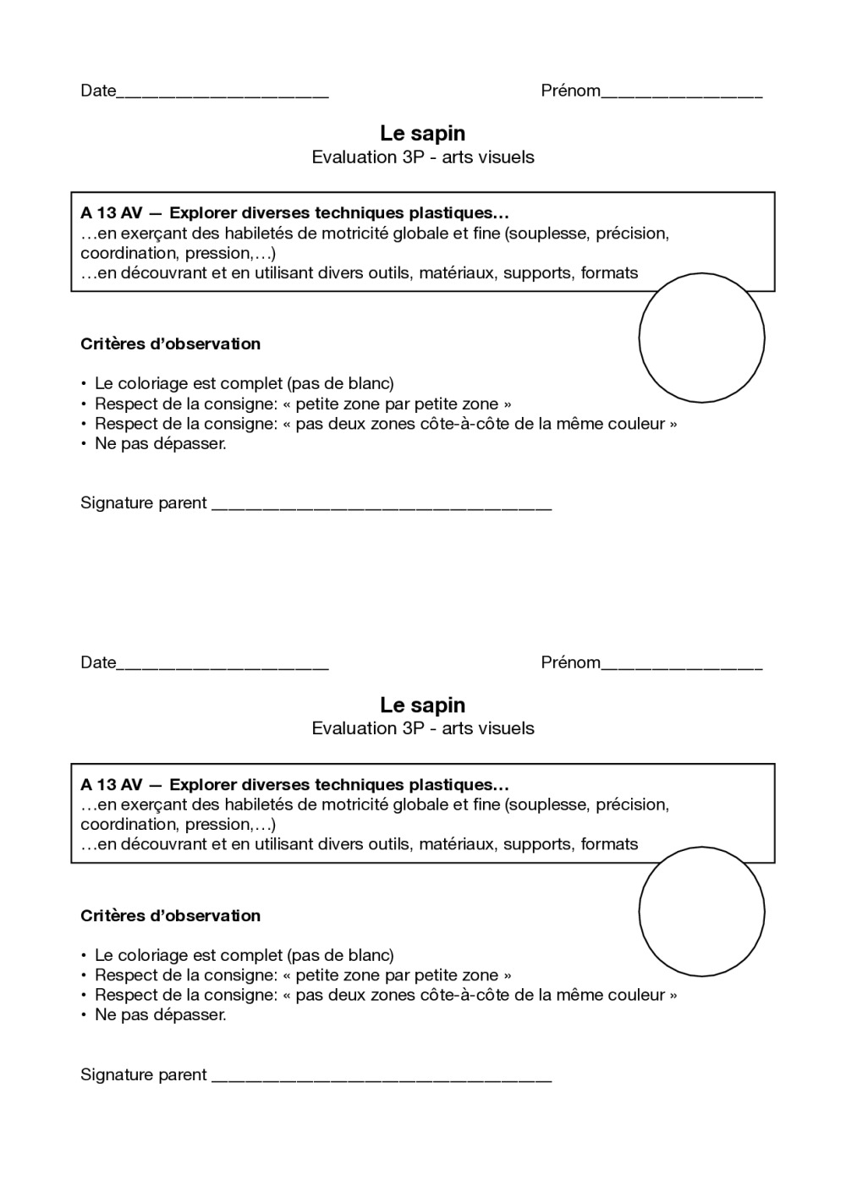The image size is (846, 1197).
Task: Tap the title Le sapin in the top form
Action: (x=422, y=133)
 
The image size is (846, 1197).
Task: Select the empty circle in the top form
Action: (x=701, y=338)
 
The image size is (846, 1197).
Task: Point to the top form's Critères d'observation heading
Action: (x=170, y=343)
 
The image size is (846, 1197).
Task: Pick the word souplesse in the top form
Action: (x=547, y=233)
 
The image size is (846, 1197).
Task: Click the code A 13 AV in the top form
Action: (x=112, y=213)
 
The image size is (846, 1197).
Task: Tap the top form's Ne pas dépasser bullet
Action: (x=160, y=443)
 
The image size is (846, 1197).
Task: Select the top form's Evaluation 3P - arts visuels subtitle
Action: (x=422, y=156)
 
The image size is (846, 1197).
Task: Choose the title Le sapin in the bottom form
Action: (x=422, y=705)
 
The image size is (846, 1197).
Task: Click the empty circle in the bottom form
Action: (x=701, y=910)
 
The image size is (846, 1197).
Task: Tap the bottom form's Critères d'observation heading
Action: (x=170, y=915)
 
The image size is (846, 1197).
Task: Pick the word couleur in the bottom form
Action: (x=638, y=995)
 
